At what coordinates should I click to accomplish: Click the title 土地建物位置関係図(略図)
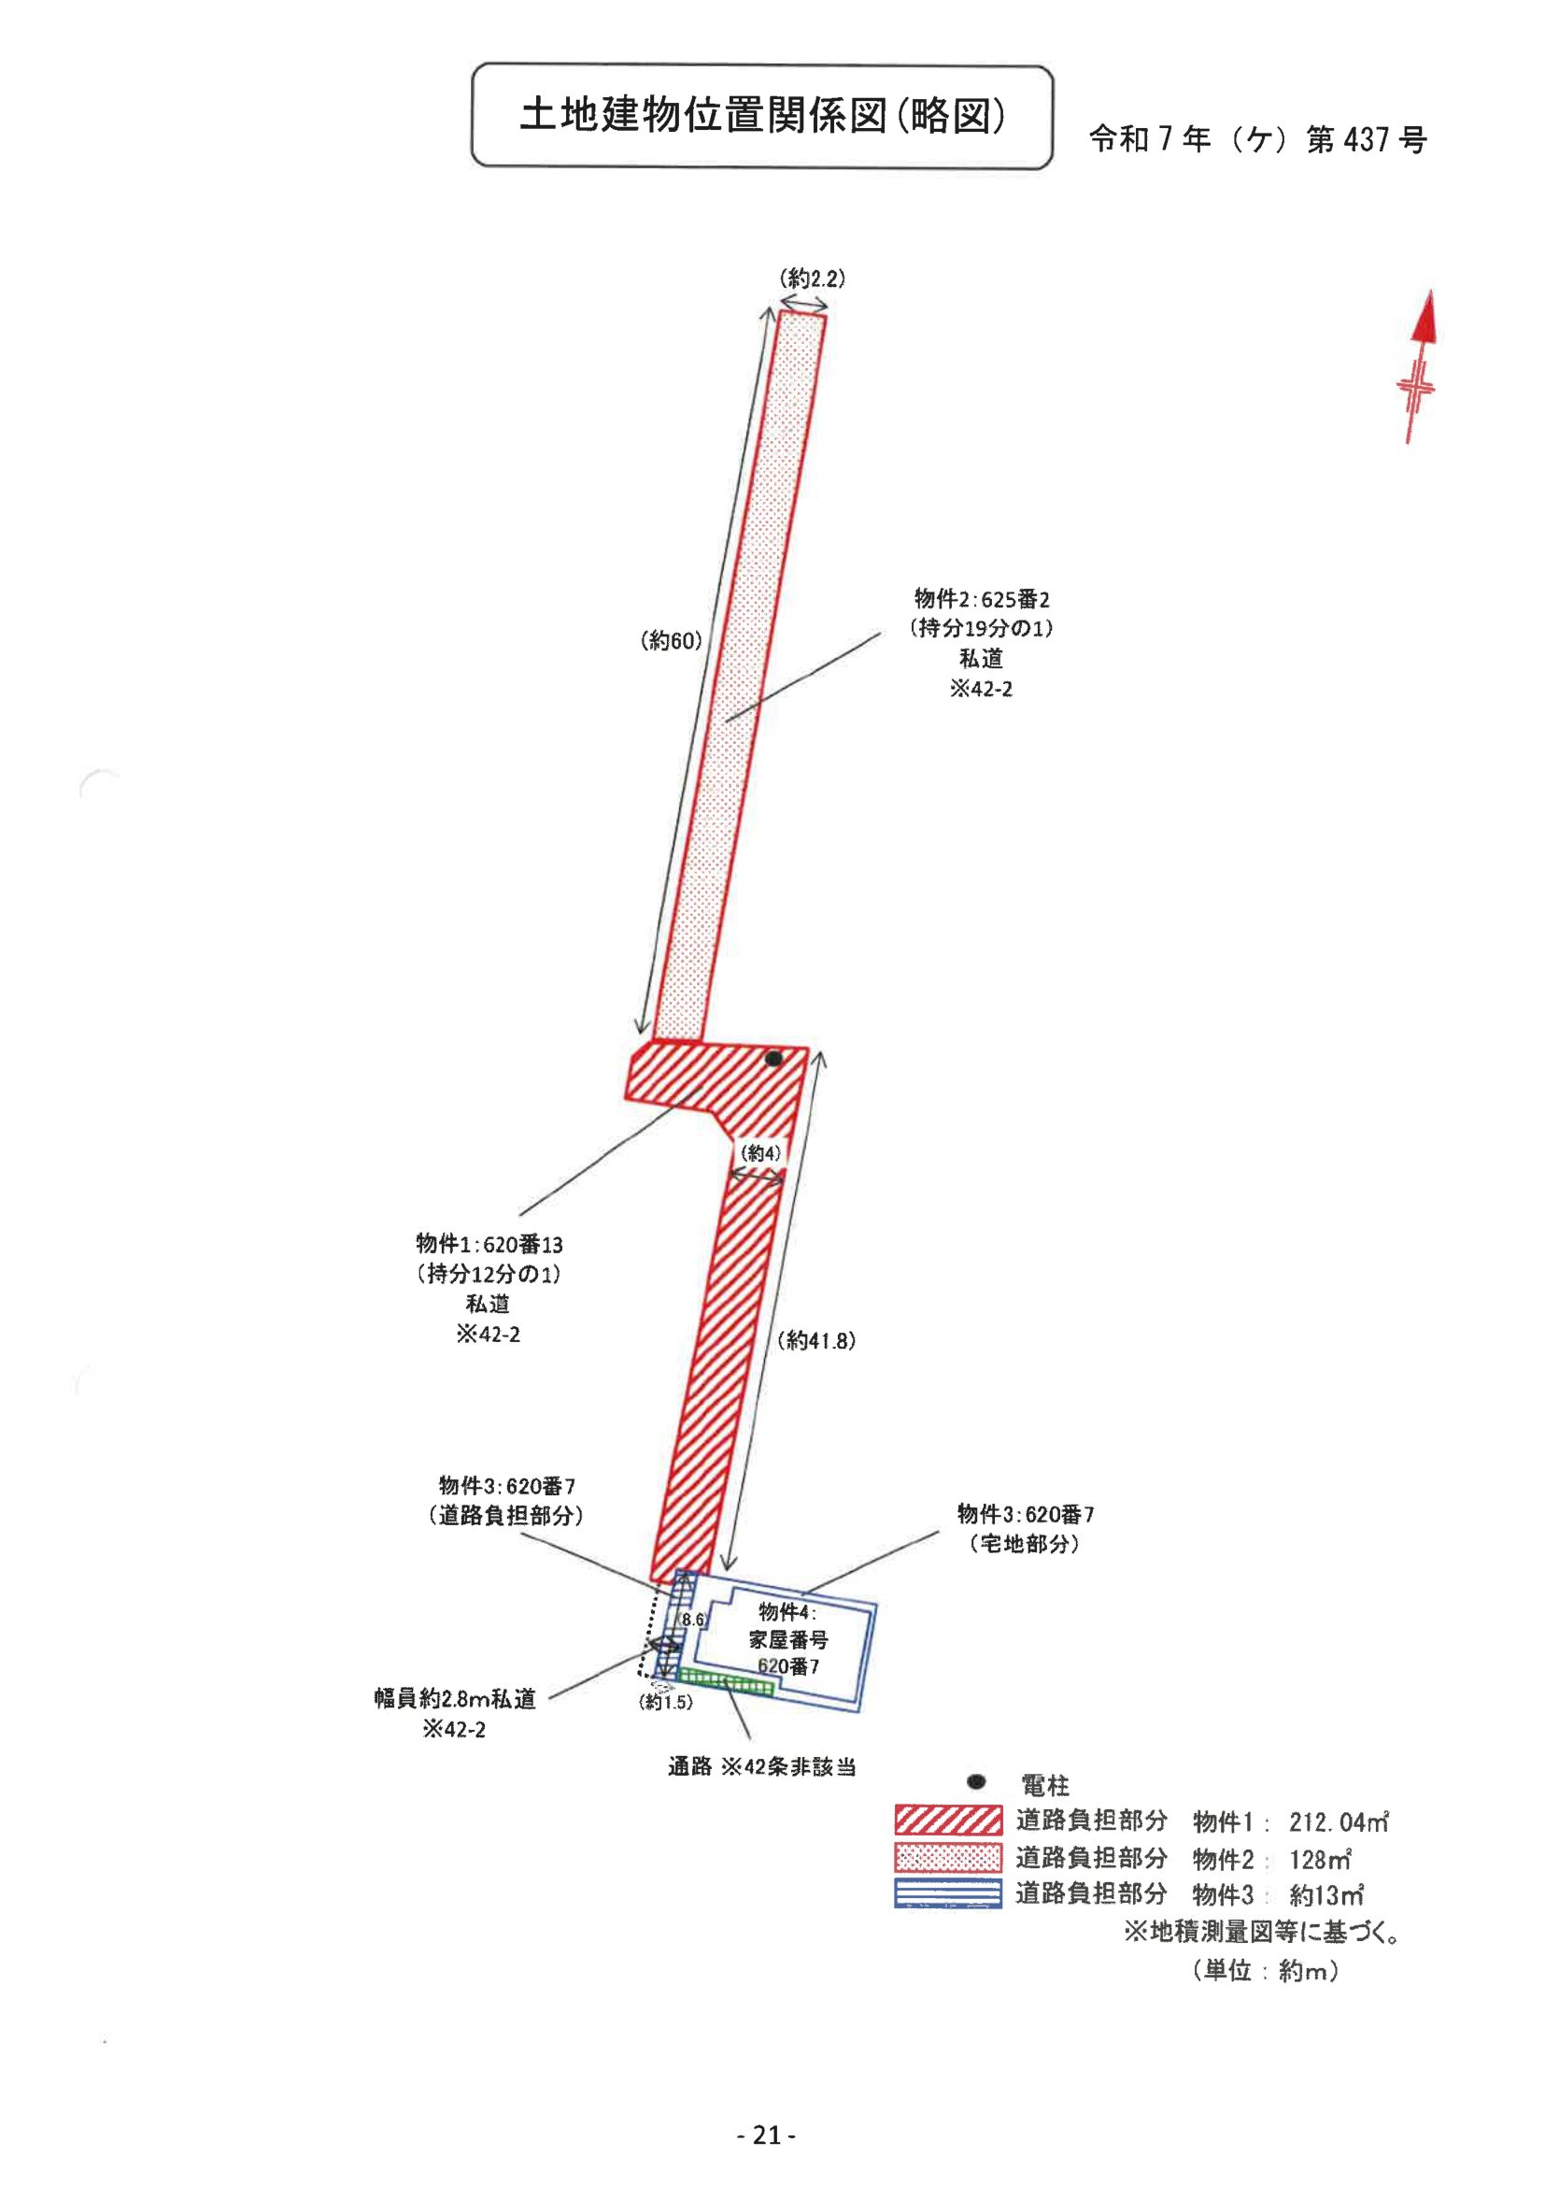pyautogui.click(x=762, y=117)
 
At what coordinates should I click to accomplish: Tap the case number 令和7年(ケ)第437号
pyautogui.click(x=1256, y=141)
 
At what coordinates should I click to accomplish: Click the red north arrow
pyautogui.click(x=1419, y=365)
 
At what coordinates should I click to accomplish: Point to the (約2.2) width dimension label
pyautogui.click(x=812, y=278)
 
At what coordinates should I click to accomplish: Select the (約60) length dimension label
pyautogui.click(x=671, y=641)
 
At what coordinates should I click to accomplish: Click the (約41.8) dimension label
pyautogui.click(x=816, y=1341)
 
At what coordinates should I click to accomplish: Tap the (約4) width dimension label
pyautogui.click(x=760, y=1153)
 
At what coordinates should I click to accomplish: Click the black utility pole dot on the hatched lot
pyautogui.click(x=773, y=1058)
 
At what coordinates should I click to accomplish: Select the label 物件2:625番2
pyautogui.click(x=982, y=599)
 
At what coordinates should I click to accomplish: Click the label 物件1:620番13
pyautogui.click(x=489, y=1244)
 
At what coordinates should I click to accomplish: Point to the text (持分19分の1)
pyautogui.click(x=982, y=628)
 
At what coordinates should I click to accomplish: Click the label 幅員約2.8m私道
pyautogui.click(x=455, y=1700)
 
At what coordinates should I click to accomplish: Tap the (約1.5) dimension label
pyautogui.click(x=665, y=1703)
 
